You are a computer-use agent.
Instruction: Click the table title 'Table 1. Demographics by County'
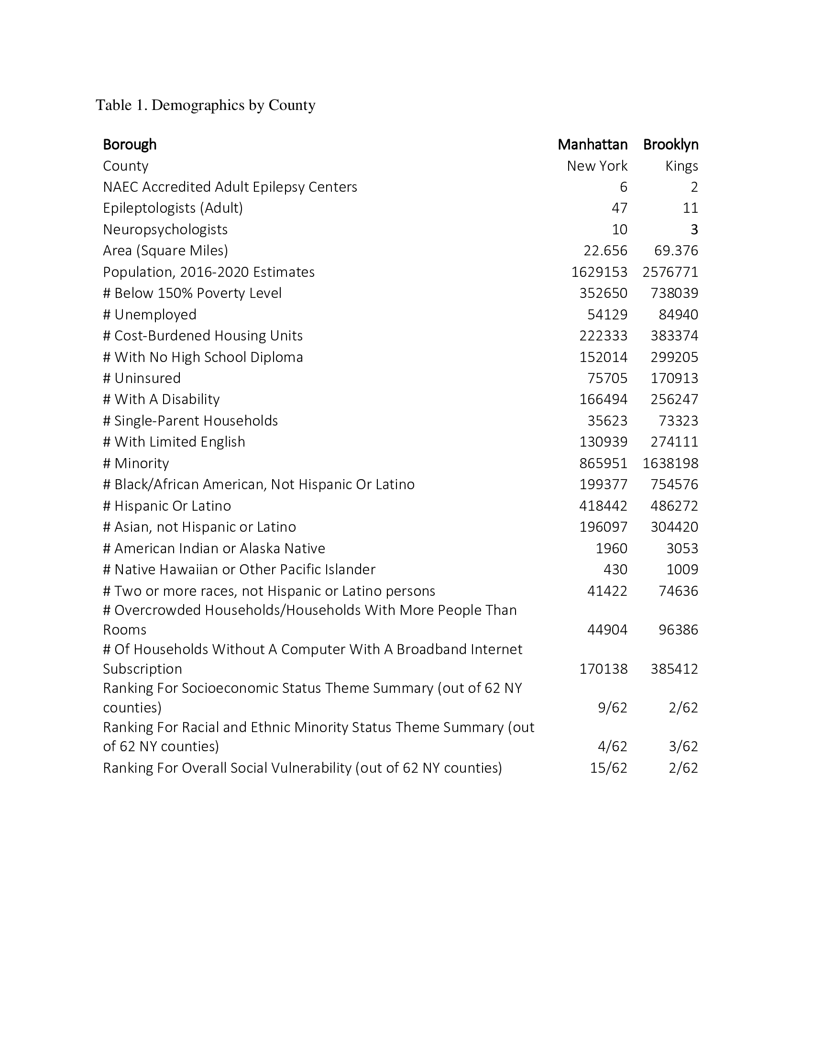tap(206, 105)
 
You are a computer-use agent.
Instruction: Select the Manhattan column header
tap(593, 144)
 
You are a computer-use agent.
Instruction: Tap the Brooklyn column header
tap(670, 144)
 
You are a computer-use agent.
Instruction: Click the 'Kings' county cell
tap(681, 166)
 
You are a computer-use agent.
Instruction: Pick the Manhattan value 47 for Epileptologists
tap(619, 208)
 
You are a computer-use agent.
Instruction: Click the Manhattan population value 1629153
tap(599, 272)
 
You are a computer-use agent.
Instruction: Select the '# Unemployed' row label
tap(150, 315)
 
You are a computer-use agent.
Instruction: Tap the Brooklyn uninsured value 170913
tap(674, 378)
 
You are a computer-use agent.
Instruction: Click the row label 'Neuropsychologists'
tap(165, 229)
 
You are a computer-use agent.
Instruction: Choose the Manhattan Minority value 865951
tap(603, 463)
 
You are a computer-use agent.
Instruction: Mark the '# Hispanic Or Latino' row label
tap(167, 506)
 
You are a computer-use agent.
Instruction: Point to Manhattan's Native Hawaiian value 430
tap(615, 570)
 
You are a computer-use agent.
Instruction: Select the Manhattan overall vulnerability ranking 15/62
tap(608, 768)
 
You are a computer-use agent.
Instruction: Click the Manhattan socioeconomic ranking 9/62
tap(612, 708)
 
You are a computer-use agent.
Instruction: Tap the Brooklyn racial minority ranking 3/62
tap(683, 746)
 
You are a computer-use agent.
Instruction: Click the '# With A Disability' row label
tap(161, 399)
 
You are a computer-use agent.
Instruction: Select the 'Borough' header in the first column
tap(130, 144)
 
